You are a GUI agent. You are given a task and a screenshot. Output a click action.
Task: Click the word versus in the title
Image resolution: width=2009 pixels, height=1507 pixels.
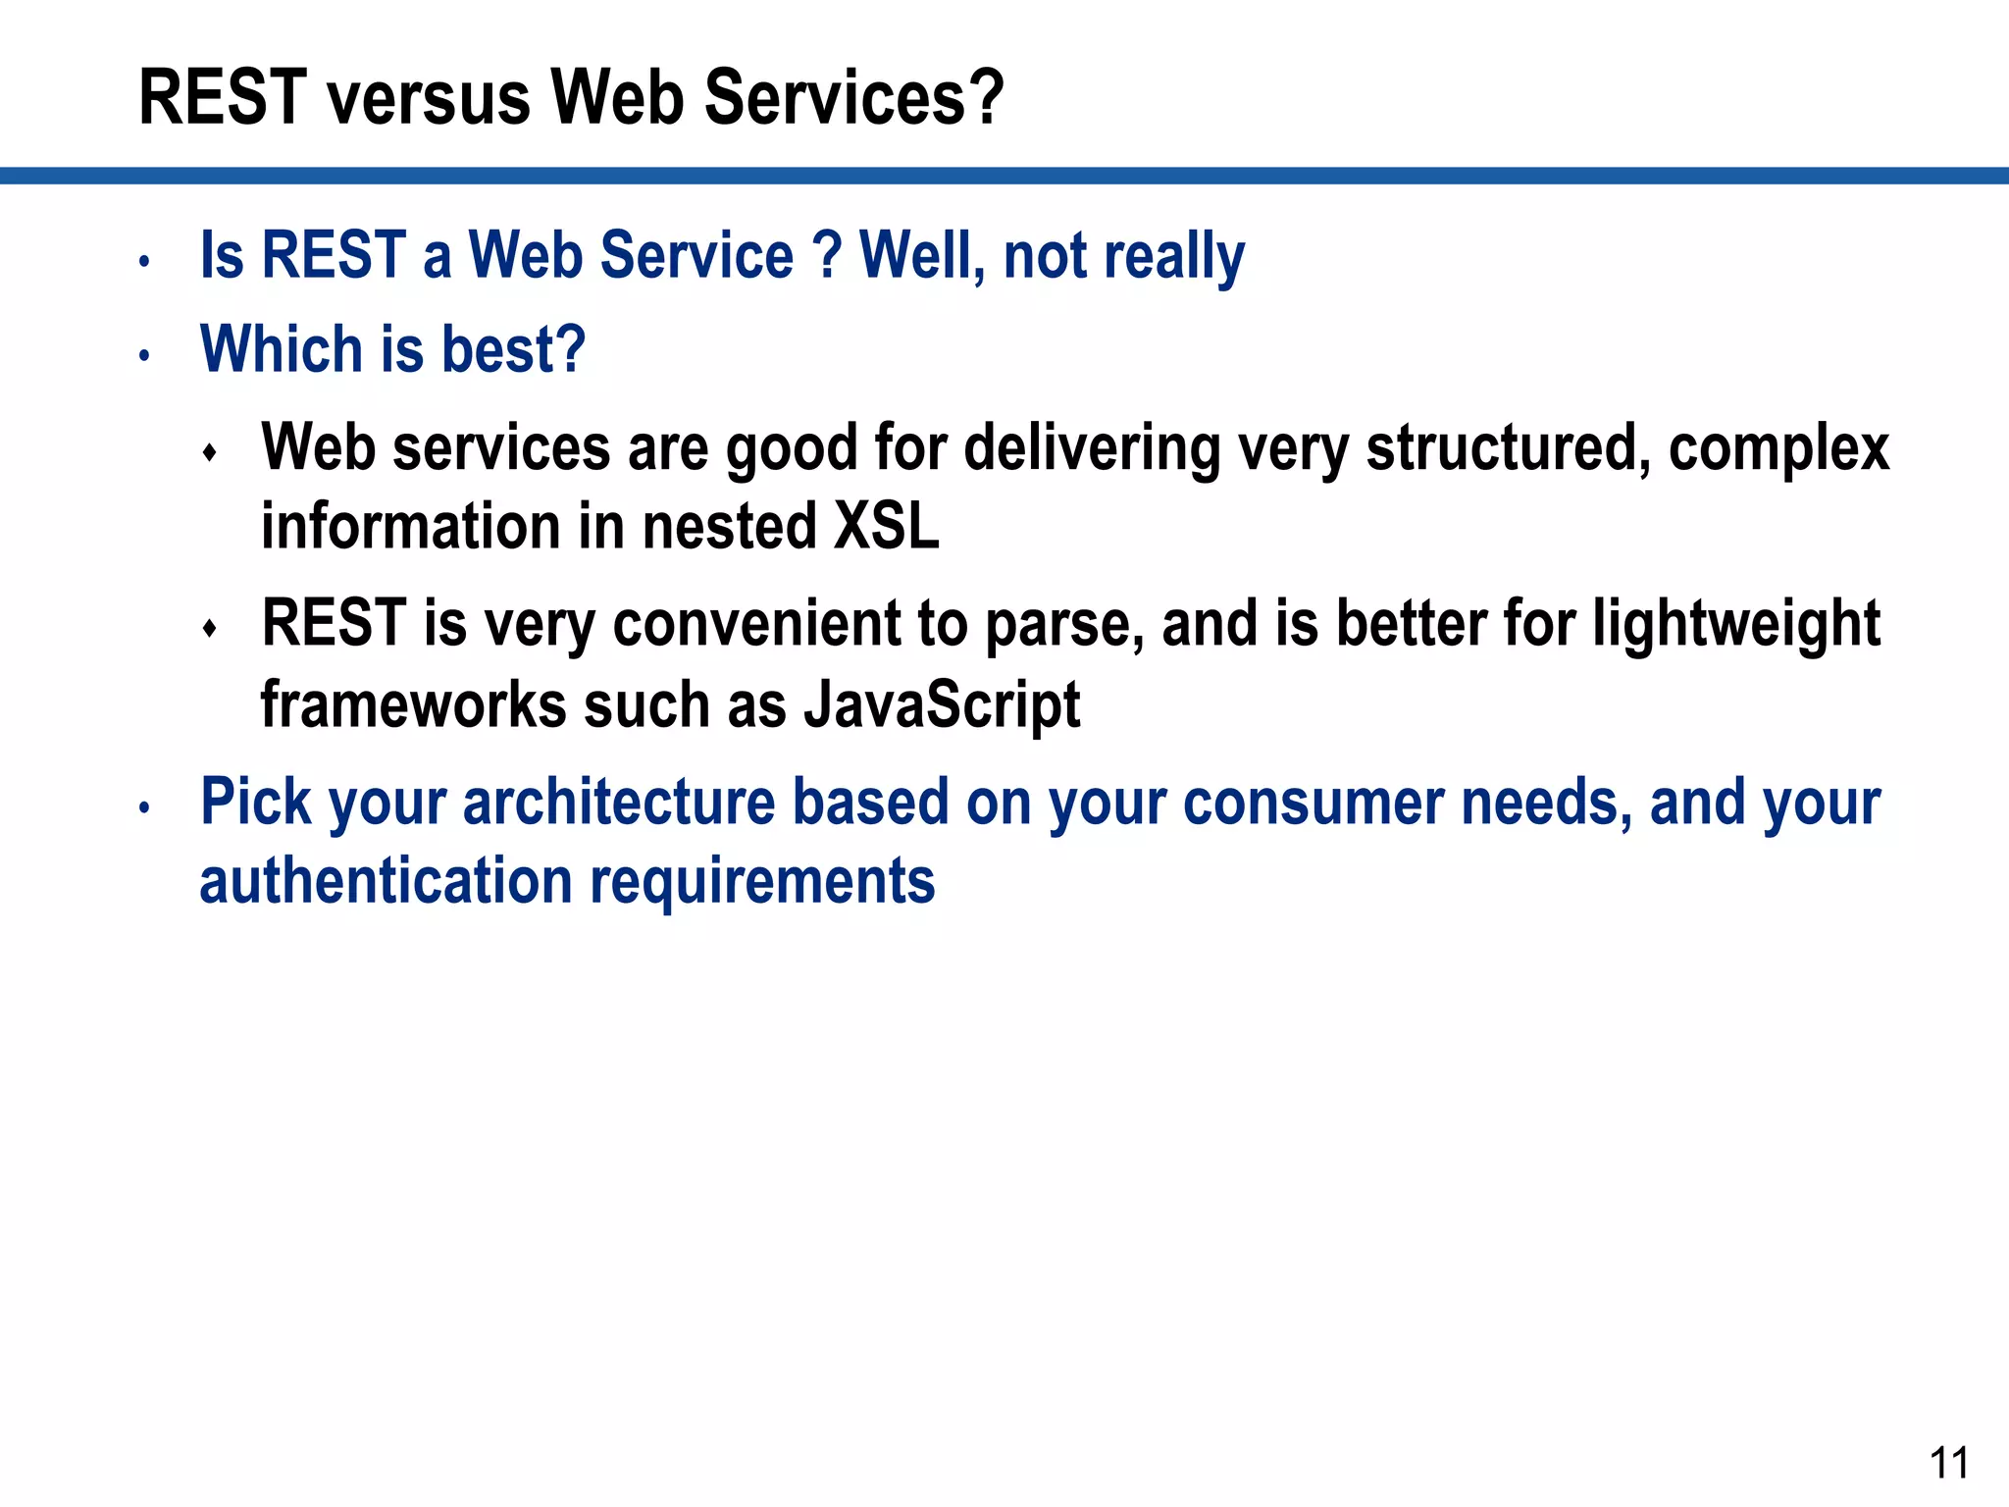coord(429,98)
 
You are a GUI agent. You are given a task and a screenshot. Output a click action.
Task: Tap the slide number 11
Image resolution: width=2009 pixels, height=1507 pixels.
coord(1948,1463)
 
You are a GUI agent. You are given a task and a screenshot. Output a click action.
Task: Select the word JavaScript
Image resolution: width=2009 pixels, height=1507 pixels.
coord(942,705)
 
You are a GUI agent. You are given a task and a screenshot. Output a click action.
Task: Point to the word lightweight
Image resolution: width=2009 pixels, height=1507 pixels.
coord(1736,625)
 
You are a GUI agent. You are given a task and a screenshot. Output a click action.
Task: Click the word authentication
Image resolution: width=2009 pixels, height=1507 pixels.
coord(386,881)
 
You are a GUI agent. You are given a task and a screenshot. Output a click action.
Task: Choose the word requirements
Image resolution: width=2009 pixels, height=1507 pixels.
coord(762,881)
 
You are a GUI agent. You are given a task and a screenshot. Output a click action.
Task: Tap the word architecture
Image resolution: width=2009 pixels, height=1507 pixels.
coord(619,803)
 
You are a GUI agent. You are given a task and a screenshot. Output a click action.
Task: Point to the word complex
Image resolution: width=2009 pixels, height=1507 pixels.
coord(1778,448)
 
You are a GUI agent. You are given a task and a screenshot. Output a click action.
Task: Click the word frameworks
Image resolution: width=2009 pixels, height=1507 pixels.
coord(413,705)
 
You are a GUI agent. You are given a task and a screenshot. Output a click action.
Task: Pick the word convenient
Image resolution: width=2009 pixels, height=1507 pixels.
coord(756,625)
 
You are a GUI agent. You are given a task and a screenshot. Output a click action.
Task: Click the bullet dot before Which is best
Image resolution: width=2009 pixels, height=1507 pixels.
coord(144,356)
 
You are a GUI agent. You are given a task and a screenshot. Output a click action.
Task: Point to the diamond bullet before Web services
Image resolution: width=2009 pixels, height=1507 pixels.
coord(208,453)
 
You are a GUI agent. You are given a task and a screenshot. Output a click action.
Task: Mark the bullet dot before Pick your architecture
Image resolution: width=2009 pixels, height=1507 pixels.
coord(144,808)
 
